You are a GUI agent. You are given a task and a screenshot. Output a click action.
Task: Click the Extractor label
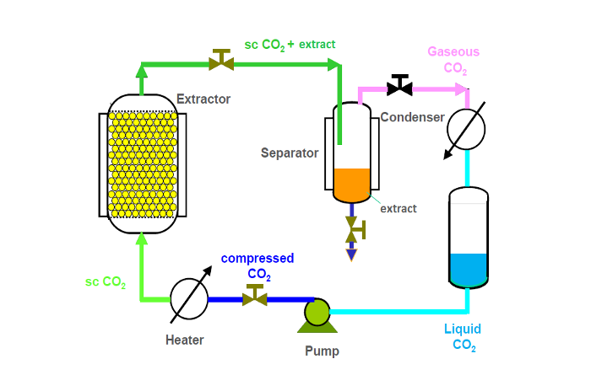coord(203,99)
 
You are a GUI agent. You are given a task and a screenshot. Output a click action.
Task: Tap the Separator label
coord(289,153)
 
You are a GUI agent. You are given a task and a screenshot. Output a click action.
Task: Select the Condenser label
coord(412,117)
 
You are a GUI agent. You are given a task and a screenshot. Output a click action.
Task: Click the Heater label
coord(184,340)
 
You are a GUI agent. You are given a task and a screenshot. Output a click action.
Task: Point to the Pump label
coord(322,350)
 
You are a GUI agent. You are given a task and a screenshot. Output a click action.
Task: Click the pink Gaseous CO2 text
coord(453,59)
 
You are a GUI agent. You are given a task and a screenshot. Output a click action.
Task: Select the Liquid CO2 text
coord(464,336)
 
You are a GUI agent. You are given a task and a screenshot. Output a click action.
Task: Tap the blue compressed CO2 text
coord(258,266)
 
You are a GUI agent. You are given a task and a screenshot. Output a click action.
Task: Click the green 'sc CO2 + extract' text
coord(290,44)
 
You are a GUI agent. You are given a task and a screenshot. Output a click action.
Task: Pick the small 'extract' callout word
coord(398,208)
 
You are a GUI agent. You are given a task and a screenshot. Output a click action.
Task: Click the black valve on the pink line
coord(399,86)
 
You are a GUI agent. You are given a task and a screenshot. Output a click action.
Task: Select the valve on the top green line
coord(221,61)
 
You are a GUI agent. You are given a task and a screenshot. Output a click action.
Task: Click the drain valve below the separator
coord(354,229)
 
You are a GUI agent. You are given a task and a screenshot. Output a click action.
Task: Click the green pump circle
coord(317,312)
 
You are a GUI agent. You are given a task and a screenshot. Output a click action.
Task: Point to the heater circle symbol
coord(189,299)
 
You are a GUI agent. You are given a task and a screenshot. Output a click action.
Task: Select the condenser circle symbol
coord(466,130)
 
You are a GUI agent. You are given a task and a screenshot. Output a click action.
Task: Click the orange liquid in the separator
coord(352,183)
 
